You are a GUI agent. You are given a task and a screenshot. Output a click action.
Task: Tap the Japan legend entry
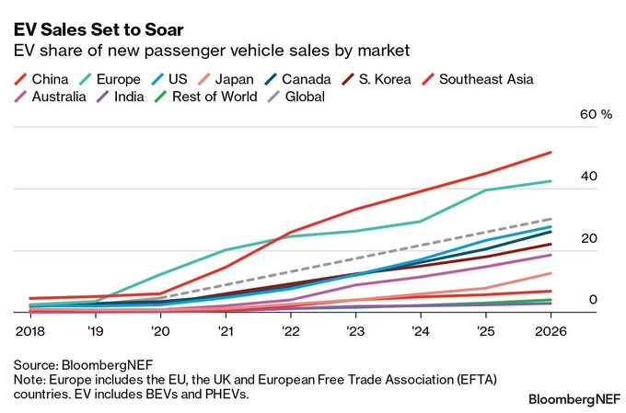(x=226, y=79)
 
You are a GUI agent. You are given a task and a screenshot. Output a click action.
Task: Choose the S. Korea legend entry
(x=379, y=79)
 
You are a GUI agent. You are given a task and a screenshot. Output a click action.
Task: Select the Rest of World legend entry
(x=210, y=97)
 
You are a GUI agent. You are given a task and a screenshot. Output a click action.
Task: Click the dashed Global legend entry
(x=295, y=97)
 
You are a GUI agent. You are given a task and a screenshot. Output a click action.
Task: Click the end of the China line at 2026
(x=551, y=152)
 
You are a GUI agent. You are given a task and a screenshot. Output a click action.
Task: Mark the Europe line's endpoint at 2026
(x=551, y=181)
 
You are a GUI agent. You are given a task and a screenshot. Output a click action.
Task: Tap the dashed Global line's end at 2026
(x=551, y=219)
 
